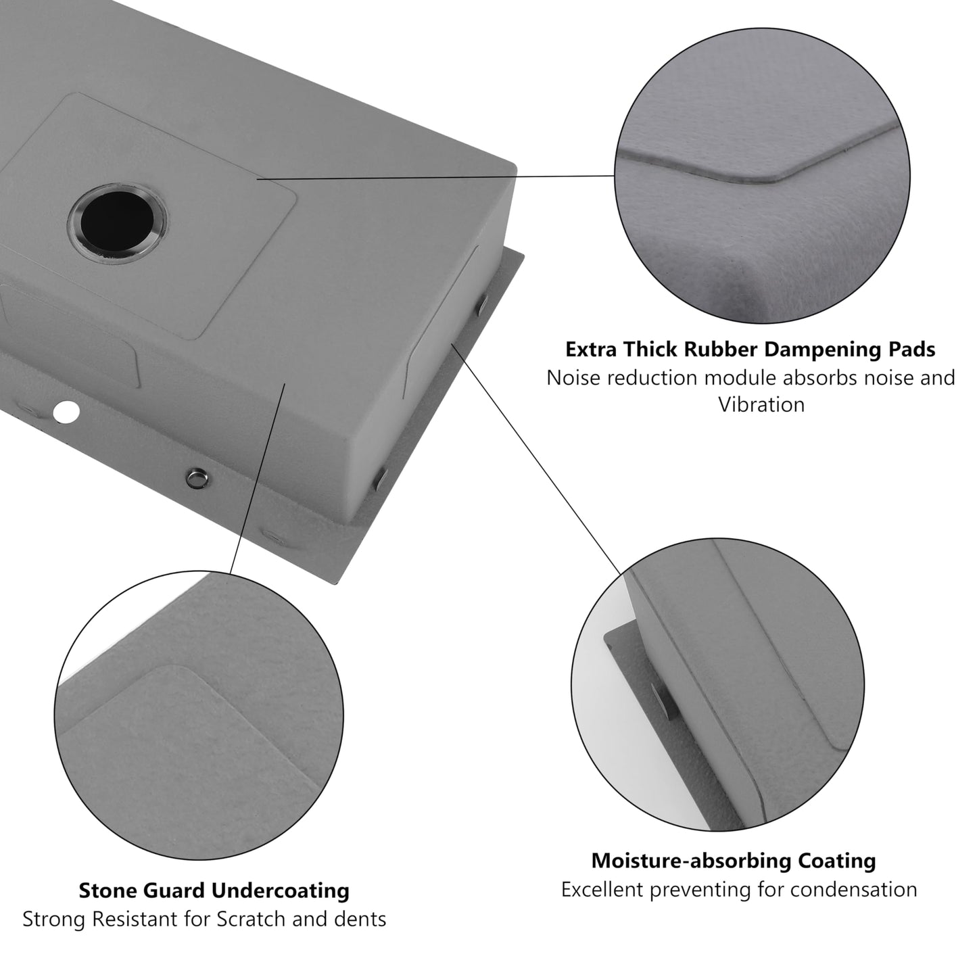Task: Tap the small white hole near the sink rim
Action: point(66,412)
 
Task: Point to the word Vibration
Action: point(761,405)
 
